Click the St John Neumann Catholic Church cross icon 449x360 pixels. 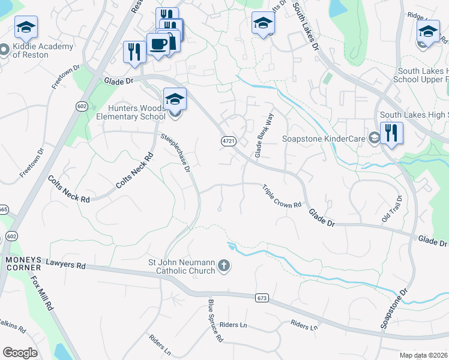point(224,265)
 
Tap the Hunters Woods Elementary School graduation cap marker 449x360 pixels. point(175,99)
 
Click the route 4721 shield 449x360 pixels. point(227,140)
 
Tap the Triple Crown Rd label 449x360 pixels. point(282,196)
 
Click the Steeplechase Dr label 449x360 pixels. point(175,153)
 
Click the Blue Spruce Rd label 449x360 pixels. point(215,320)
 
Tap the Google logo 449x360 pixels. point(20,352)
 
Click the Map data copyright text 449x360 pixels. point(424,355)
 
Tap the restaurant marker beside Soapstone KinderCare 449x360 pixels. point(391,133)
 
